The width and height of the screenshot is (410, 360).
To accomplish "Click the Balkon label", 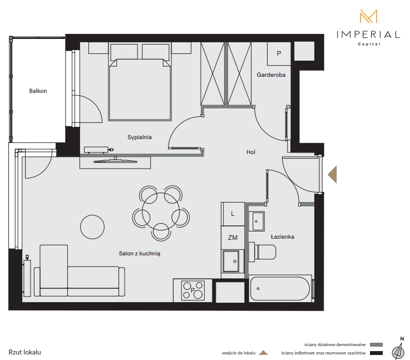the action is point(38,91).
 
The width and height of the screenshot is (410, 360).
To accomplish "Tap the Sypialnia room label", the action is point(140,137).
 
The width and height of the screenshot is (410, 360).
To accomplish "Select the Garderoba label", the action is point(271,75).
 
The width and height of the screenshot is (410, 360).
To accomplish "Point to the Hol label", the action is point(250,152).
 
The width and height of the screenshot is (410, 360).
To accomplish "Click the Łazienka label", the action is point(283,237).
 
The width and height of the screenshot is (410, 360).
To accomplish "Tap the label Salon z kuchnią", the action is point(140,253).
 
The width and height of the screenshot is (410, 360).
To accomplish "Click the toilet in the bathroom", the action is point(262,252).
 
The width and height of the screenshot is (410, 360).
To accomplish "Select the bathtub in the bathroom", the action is point(280,289).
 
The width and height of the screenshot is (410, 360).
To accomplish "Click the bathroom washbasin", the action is point(257,221).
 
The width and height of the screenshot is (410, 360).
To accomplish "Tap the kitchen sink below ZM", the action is point(231,261).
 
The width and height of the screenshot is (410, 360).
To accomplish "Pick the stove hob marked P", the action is point(193,290).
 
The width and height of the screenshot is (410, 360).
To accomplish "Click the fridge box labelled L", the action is point(233,214).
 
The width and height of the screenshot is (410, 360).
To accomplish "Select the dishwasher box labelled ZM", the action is point(233,238).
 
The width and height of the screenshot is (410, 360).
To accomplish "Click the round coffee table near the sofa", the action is point(92,227).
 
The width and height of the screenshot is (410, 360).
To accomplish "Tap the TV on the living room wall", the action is point(115,161).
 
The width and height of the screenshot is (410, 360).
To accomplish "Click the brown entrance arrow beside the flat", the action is point(332,174).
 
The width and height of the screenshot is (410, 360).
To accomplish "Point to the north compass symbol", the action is point(398,349).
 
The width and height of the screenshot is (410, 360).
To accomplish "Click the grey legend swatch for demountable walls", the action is point(376,344).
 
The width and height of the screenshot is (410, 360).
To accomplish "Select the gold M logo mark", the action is point(368,17).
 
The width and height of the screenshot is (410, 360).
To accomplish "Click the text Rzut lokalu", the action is point(25,352).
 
